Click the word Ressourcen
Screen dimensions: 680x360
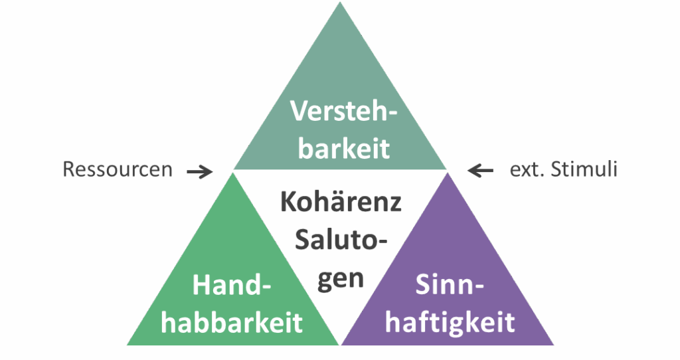pyautogui.click(x=118, y=169)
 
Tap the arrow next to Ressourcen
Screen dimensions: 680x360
pyautogui.click(x=199, y=172)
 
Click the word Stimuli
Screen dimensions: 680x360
pyautogui.click(x=584, y=169)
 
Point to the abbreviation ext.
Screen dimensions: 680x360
pyautogui.click(x=527, y=169)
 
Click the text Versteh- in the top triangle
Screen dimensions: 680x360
pyautogui.click(x=343, y=111)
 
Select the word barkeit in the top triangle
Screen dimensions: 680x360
pyautogui.click(x=344, y=148)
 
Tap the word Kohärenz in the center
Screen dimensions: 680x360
pyautogui.click(x=341, y=202)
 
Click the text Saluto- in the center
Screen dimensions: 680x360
pyautogui.click(x=341, y=239)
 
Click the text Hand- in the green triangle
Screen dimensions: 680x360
pyautogui.click(x=232, y=286)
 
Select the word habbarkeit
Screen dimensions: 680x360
pyautogui.click(x=232, y=322)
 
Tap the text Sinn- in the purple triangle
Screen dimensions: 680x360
pyautogui.click(x=450, y=284)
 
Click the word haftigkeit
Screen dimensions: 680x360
pyautogui.click(x=450, y=322)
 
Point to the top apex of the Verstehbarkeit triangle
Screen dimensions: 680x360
pyautogui.click(x=340, y=2)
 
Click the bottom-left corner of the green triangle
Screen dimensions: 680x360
pyautogui.click(x=127, y=345)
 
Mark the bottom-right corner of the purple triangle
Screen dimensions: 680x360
pyautogui.click(x=554, y=345)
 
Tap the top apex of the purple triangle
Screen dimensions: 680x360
pyautogui.click(x=448, y=173)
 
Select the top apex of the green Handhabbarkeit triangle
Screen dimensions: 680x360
pyautogui.click(x=233, y=173)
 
